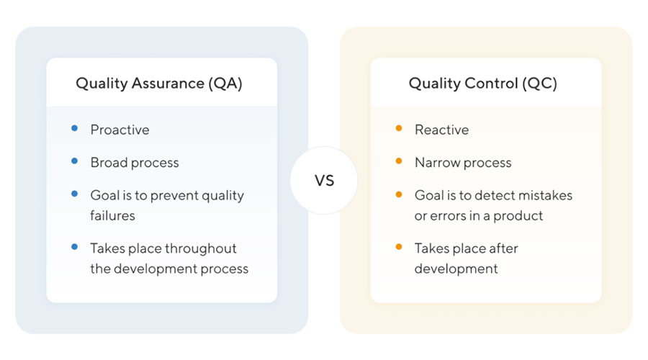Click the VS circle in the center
[x=324, y=180]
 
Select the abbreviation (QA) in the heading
[x=225, y=84]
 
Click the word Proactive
[x=120, y=130]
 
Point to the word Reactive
[x=441, y=130]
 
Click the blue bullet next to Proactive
[x=74, y=129]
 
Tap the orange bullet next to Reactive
[x=399, y=129]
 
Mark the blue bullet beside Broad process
[x=74, y=161]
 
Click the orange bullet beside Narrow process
[x=399, y=161]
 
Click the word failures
[x=112, y=215]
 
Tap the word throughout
[x=201, y=248]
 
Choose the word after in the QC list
[x=503, y=248]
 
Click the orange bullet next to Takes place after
[x=399, y=247]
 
